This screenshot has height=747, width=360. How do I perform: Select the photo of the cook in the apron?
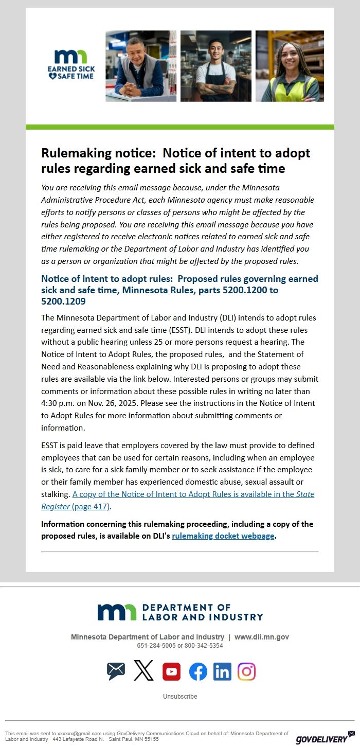(216, 66)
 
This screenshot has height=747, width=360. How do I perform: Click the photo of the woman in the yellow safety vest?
(290, 66)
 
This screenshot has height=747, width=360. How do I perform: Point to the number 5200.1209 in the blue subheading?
(63, 301)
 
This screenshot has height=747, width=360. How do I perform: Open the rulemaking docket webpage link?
(223, 536)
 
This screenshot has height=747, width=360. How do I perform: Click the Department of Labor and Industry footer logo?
(180, 612)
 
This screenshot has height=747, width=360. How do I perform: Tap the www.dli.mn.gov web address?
(261, 637)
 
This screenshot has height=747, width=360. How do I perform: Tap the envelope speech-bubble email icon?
(116, 671)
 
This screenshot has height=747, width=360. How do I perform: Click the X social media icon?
(143, 671)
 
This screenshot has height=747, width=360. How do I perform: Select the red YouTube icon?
(171, 671)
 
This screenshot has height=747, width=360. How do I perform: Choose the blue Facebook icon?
(198, 671)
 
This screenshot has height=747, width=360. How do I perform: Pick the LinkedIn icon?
(222, 671)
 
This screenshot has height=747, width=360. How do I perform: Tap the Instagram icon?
(246, 671)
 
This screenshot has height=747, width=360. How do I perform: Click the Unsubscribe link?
(180, 697)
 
